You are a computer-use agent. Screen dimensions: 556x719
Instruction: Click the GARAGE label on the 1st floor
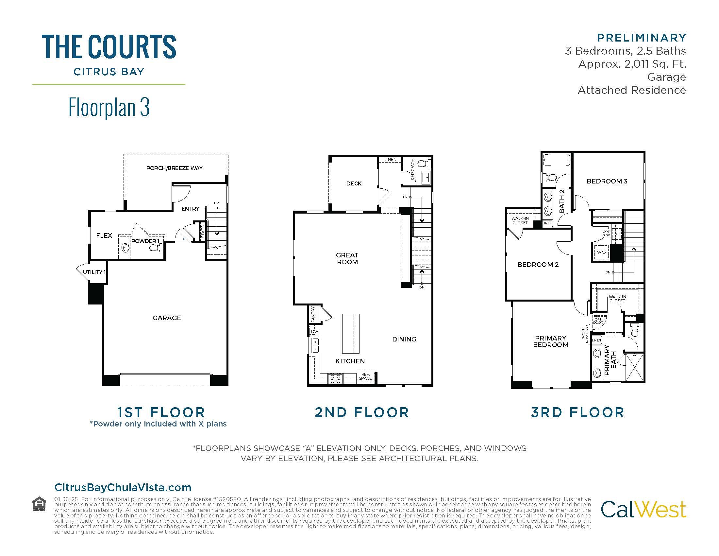point(167,318)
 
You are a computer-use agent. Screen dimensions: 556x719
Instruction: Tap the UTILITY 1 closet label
point(94,272)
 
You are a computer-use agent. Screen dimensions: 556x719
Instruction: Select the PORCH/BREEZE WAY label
point(175,168)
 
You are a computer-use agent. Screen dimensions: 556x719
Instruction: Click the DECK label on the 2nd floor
point(354,183)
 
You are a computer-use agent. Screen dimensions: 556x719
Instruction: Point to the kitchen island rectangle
point(351,333)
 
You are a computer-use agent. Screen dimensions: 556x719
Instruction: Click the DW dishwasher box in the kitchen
point(315,331)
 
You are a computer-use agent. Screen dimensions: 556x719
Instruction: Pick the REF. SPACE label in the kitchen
point(365,376)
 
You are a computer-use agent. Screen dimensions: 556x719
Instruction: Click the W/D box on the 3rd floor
point(601,252)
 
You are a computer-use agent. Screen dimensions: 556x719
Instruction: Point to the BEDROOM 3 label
point(607,181)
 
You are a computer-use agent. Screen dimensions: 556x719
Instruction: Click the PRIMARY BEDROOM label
point(550,341)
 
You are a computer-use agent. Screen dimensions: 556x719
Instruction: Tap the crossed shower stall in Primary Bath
point(634,367)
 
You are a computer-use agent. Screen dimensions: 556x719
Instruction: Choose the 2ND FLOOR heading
point(362,412)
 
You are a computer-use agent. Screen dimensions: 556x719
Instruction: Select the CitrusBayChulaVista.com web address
point(123,488)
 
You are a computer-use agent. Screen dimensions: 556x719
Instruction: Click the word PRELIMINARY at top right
point(642,38)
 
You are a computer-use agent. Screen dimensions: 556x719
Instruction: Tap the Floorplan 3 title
point(109,107)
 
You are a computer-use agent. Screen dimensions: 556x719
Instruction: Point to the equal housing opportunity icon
point(39,504)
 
